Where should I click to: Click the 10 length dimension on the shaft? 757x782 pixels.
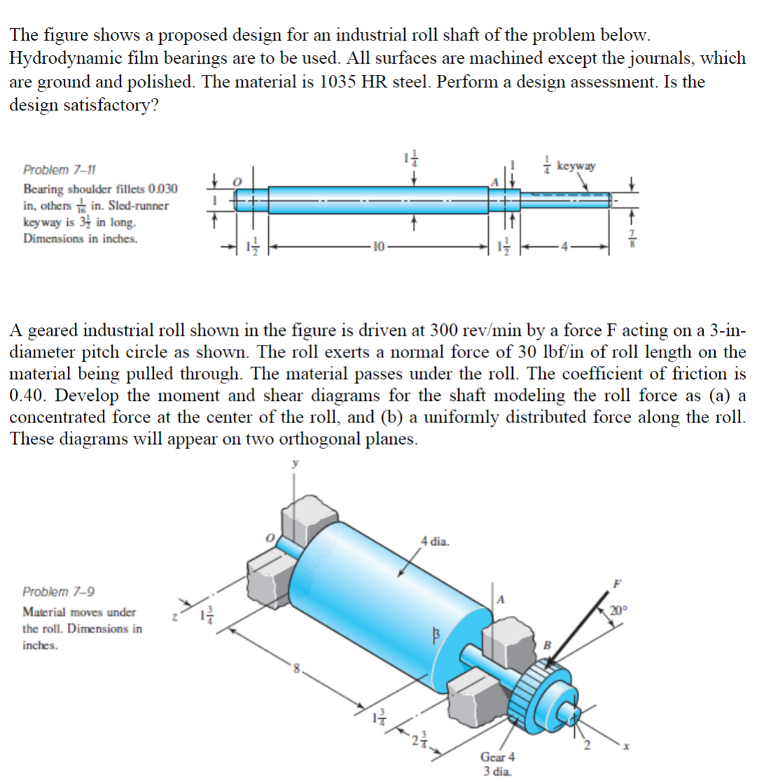click(378, 247)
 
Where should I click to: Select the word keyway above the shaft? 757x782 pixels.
click(579, 166)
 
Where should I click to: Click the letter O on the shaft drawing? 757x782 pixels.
click(237, 180)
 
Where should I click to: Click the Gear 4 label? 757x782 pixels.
click(497, 758)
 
